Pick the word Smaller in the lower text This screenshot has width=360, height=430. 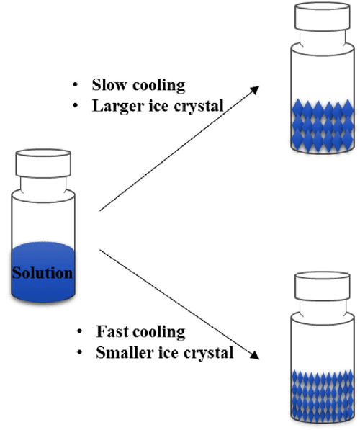click(120, 353)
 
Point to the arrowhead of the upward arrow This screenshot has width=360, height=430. click(256, 88)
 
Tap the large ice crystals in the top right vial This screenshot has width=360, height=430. click(320, 122)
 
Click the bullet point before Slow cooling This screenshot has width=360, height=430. click(75, 85)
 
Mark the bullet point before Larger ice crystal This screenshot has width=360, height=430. click(75, 106)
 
